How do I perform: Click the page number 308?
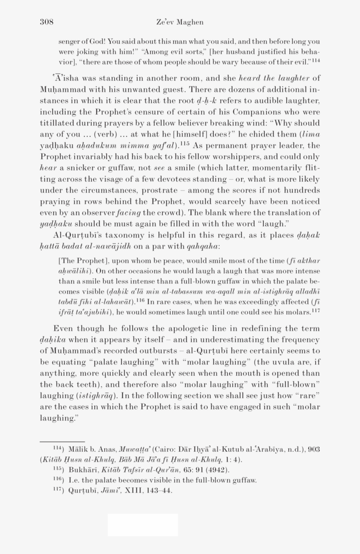[47, 22]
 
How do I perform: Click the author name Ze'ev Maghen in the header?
[180, 22]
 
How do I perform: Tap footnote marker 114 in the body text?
[316, 60]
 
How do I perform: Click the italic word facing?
[129, 213]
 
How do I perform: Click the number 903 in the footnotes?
[313, 449]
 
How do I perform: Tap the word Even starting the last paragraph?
[63, 329]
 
